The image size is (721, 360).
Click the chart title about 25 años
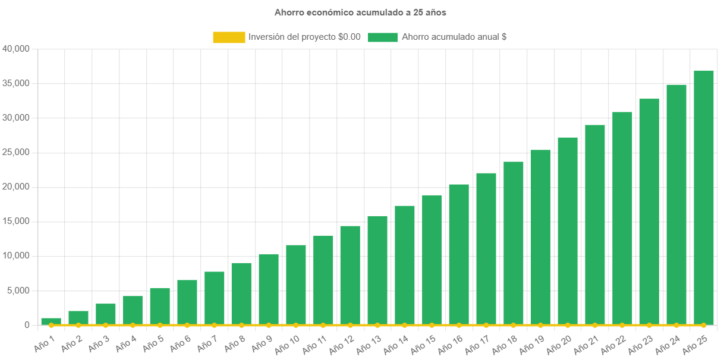360,12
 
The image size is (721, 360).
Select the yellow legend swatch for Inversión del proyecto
229,37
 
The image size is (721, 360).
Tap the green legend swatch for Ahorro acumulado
382,37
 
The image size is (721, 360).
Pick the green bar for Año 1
51,321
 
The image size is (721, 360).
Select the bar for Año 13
377,270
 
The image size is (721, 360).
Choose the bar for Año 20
568,231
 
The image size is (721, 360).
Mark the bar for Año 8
241,293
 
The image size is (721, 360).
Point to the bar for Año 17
486,249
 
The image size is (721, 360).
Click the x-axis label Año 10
288,343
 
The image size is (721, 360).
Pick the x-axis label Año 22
614,343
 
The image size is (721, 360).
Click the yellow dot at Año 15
432,325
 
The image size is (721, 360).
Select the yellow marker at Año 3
105,325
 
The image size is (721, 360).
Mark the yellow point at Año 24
676,325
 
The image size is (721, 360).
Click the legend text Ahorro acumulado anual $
454,37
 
